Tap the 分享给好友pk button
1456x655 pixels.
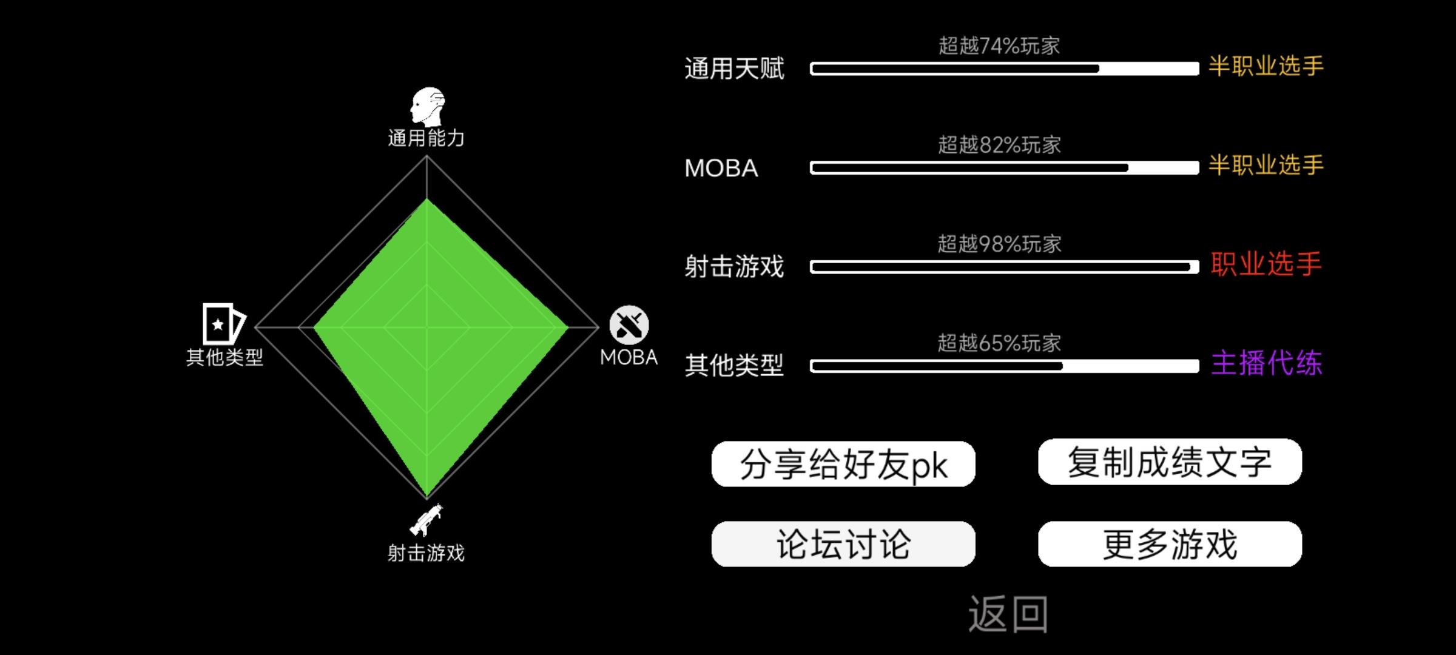pos(843,465)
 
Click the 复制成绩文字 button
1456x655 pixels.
pos(1170,462)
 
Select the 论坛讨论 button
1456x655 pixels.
pos(843,544)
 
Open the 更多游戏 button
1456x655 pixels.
pos(1170,544)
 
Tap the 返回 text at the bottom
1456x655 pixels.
pos(1008,614)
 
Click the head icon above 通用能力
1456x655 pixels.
pos(427,106)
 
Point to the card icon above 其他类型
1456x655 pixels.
pos(223,324)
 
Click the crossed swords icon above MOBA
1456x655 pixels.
pos(629,324)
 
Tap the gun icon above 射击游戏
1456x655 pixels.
pos(426,520)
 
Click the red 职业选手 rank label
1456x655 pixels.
pos(1266,264)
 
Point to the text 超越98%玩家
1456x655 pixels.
pos(999,244)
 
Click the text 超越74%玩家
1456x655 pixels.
pos(999,45)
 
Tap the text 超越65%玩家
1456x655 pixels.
pos(999,343)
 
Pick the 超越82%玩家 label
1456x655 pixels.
pos(999,145)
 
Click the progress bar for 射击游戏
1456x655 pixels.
pos(1004,267)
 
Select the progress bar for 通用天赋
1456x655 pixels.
pos(1004,69)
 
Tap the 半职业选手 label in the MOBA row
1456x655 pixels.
pos(1266,165)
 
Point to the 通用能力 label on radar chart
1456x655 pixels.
pos(426,138)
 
